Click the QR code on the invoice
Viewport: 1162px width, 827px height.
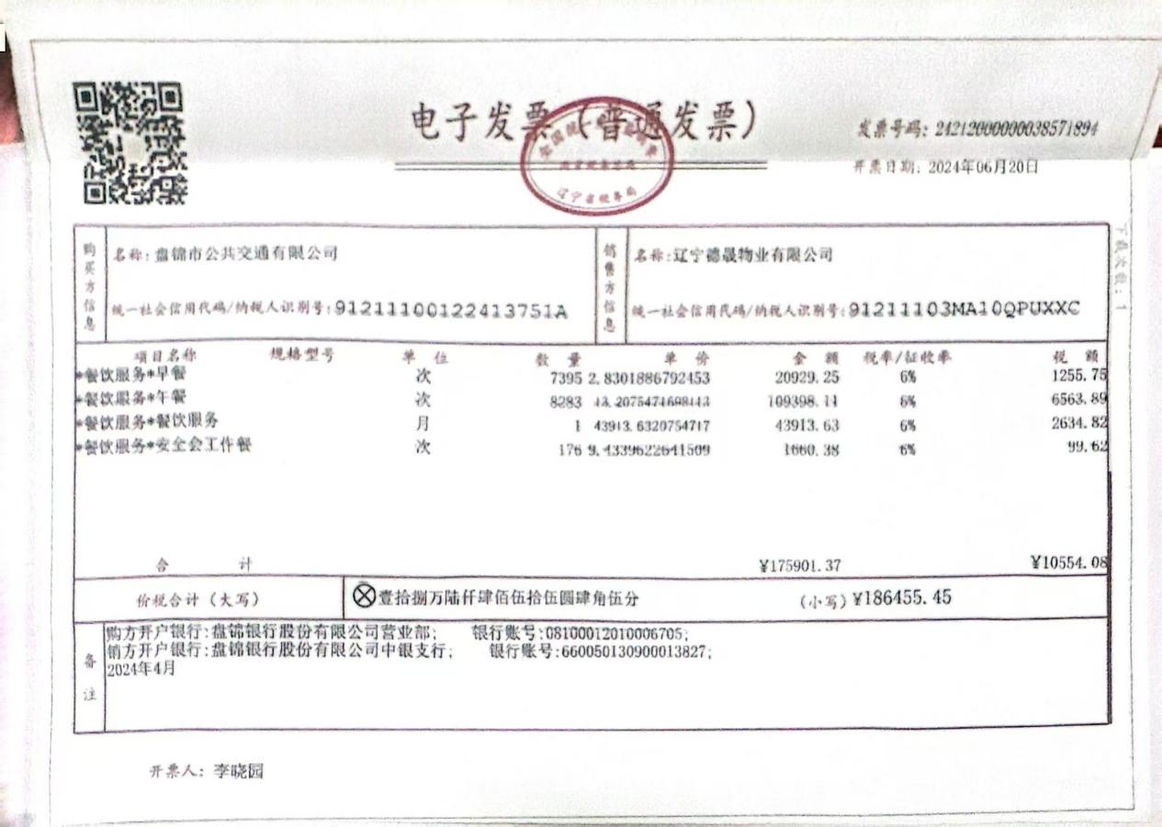click(130, 142)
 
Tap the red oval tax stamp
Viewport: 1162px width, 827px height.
click(597, 156)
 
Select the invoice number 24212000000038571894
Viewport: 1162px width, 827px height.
click(1016, 130)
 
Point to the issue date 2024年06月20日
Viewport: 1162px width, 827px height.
click(983, 167)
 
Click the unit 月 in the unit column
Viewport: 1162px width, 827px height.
click(423, 425)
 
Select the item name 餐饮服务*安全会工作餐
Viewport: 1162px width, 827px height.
click(169, 447)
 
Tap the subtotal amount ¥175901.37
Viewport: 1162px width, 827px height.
click(800, 566)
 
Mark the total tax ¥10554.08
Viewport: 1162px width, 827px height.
click(1069, 562)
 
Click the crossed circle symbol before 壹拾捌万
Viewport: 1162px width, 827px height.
click(365, 597)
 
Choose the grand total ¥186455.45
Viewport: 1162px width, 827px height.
click(902, 598)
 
